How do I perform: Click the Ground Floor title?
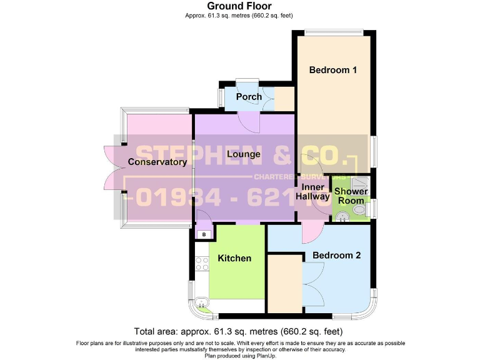coord(239,7)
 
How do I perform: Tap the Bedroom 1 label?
coord(332,70)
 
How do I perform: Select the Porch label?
coord(249,97)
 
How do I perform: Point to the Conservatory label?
coord(157,162)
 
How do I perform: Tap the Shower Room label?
coord(350,196)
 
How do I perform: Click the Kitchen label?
coord(234,258)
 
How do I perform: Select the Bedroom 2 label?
coord(336,255)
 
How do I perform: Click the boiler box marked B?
coord(203,234)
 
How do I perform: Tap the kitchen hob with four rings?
coord(202,264)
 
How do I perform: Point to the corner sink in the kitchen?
coord(201,304)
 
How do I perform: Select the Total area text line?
coord(239,331)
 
